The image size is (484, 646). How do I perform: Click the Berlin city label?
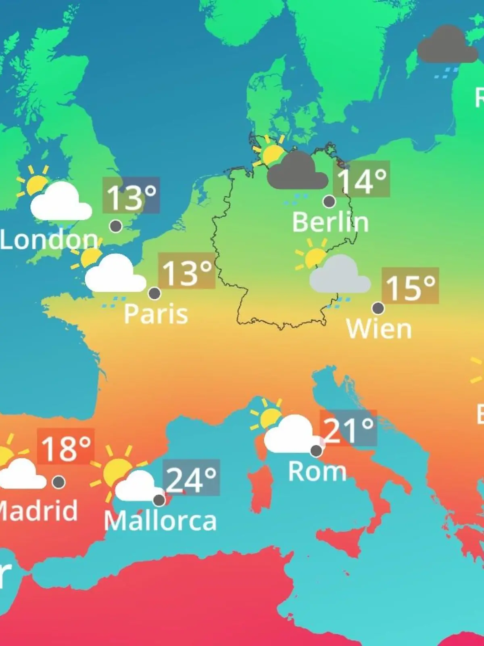[330, 222]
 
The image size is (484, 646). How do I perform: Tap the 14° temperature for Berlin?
[361, 179]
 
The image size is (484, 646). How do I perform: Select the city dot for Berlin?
[330, 201]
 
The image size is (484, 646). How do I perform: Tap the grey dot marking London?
[116, 226]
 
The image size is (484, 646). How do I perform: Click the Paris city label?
[156, 314]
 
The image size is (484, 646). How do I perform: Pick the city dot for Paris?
[154, 293]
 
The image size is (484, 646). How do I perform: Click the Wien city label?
[379, 329]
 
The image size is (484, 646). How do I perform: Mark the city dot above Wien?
[378, 308]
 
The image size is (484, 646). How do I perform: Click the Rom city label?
[317, 471]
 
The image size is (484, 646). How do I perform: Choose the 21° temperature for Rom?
[348, 429]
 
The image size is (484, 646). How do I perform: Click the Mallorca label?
[160, 521]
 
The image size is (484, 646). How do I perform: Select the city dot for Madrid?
[59, 482]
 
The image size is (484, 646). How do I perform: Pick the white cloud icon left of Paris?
[115, 275]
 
